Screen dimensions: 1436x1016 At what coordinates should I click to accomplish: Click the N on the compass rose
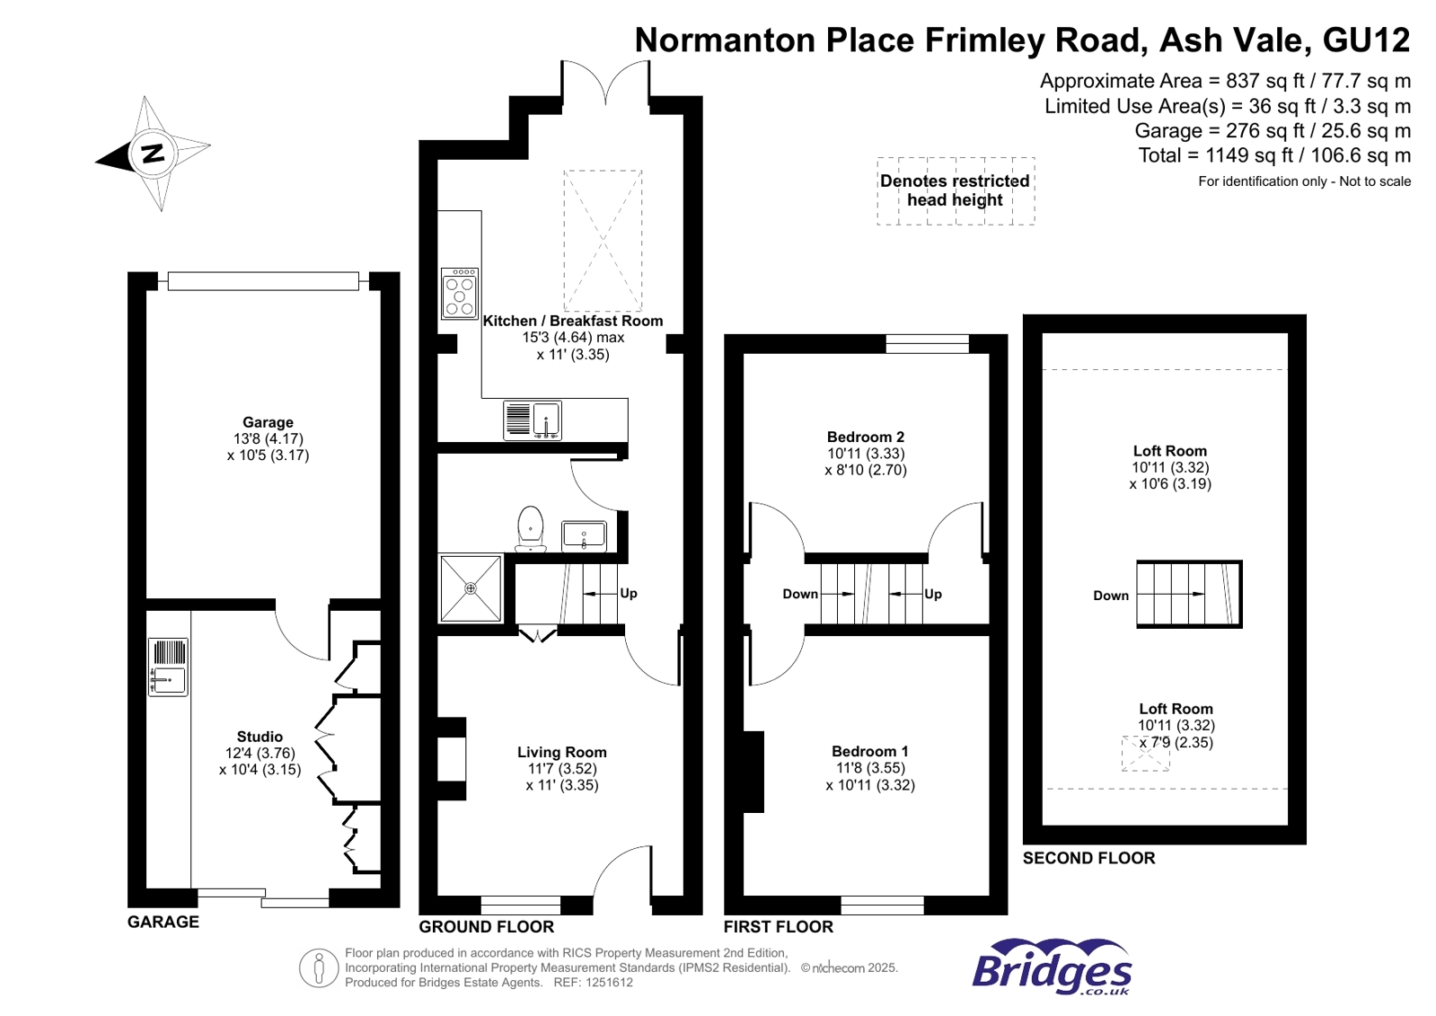(153, 154)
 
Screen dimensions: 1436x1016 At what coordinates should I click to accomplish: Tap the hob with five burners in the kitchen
(460, 294)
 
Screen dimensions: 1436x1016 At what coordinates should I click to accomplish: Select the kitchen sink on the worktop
(533, 420)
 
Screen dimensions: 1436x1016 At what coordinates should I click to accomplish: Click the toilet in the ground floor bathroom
(530, 529)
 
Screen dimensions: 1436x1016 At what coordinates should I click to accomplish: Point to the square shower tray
(471, 588)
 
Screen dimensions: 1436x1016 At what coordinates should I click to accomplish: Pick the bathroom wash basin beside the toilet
(584, 536)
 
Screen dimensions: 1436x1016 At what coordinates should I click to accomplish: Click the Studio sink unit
(168, 667)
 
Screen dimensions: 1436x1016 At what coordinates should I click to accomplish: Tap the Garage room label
(268, 422)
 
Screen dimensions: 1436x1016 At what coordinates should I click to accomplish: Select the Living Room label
(562, 752)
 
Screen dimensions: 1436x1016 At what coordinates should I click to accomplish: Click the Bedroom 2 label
(866, 437)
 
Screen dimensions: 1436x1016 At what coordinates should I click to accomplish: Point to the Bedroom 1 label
(870, 751)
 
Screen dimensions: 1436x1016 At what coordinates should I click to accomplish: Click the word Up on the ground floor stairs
(629, 593)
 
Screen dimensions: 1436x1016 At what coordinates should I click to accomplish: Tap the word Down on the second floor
(1111, 596)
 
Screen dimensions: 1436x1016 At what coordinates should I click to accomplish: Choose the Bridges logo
(1052, 967)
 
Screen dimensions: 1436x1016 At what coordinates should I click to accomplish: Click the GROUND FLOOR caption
(487, 926)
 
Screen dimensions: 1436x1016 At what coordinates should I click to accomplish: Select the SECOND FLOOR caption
(1088, 858)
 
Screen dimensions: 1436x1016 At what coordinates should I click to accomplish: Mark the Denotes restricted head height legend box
(956, 190)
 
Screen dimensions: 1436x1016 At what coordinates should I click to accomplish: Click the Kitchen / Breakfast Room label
(572, 321)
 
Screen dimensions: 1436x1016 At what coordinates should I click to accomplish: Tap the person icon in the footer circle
(319, 967)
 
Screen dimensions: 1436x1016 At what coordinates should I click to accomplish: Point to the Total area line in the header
(1274, 155)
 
